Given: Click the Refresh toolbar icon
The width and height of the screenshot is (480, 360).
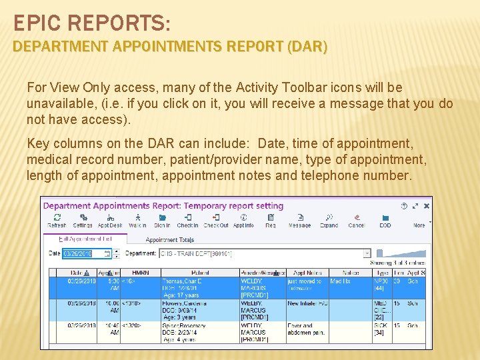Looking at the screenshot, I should click(x=57, y=219).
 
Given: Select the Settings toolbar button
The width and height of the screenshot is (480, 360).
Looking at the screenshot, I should click(x=83, y=219).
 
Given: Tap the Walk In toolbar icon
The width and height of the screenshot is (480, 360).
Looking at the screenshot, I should click(x=137, y=219).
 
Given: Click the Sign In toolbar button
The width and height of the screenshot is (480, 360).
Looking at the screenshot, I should click(x=162, y=219).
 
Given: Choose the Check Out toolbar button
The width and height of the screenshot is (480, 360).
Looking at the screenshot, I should click(x=216, y=219).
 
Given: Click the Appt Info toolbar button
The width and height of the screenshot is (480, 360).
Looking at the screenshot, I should click(x=243, y=219).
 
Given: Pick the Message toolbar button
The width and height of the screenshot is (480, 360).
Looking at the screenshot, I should click(x=299, y=219).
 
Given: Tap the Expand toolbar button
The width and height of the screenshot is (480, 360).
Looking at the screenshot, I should click(x=329, y=219).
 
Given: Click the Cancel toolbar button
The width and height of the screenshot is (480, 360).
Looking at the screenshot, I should click(x=357, y=219).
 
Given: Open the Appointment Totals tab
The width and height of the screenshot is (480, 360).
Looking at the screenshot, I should click(x=170, y=240).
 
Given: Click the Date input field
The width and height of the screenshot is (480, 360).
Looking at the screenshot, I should click(x=87, y=253).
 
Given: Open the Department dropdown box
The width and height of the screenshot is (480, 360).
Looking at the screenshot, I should click(x=265, y=253).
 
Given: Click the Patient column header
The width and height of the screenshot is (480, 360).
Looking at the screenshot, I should click(x=199, y=273).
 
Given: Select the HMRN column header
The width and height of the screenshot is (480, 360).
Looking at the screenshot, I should click(x=141, y=273).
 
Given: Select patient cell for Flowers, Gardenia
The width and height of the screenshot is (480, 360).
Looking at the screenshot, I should click(x=199, y=310).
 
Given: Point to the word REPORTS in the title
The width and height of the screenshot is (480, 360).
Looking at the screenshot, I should click(x=121, y=24).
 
